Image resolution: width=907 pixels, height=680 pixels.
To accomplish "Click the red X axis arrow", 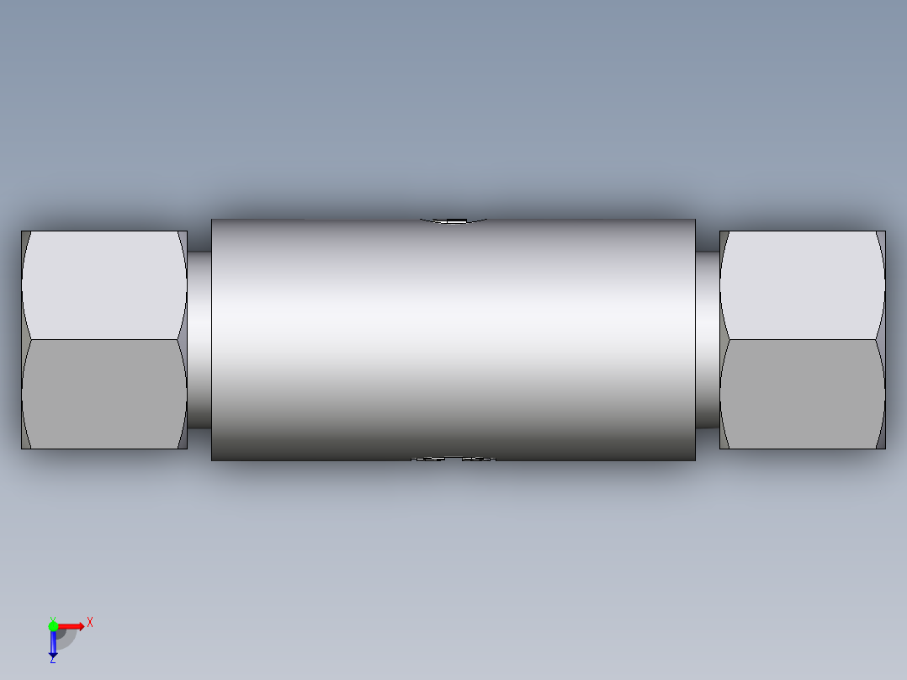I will pos(72,626).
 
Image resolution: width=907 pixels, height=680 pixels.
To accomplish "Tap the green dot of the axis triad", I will pos(53,626).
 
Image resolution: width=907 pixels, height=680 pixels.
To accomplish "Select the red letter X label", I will pos(90,623).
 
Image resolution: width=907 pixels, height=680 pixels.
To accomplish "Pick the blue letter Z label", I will pos(52,661).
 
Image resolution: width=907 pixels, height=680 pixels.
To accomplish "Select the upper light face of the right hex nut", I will pos(803,284).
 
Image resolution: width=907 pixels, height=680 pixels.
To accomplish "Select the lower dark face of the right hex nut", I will pos(803,394).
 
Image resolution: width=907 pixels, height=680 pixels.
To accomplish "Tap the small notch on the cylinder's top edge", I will pos(454,221).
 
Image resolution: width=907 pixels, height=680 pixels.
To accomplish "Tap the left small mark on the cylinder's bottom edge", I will pos(428,460).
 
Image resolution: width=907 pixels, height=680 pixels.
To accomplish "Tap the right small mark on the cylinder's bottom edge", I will pos(479,460).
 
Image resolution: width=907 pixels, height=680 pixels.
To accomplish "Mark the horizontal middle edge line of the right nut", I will pos(803,340).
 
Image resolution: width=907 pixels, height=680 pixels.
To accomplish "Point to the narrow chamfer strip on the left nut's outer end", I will pos(24,340).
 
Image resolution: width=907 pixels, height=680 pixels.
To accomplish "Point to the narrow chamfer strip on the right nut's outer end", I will pos(882,340).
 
